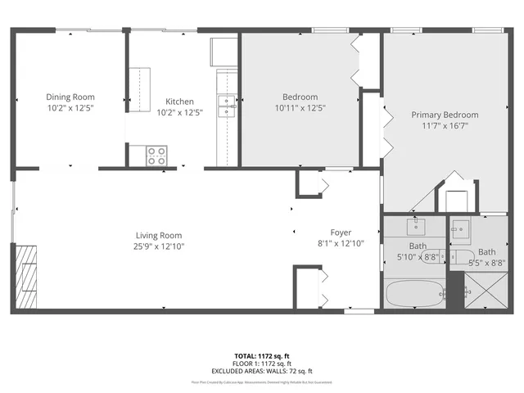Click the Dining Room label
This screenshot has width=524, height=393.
coord(70,96)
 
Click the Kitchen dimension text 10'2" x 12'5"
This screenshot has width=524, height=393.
coord(179,113)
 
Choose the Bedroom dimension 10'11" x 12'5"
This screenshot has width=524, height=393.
coord(299,107)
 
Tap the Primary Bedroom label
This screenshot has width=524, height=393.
coord(445,115)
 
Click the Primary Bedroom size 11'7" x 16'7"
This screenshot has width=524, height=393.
coord(445,126)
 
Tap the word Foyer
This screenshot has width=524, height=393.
coord(340,232)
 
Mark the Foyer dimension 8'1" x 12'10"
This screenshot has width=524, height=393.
coord(340,243)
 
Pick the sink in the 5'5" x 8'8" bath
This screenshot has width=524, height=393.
coord(460,228)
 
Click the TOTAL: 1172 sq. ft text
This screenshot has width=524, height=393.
coord(262,355)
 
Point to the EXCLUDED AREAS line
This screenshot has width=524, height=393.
coord(262,371)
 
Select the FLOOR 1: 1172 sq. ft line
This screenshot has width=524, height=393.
coord(262,364)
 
